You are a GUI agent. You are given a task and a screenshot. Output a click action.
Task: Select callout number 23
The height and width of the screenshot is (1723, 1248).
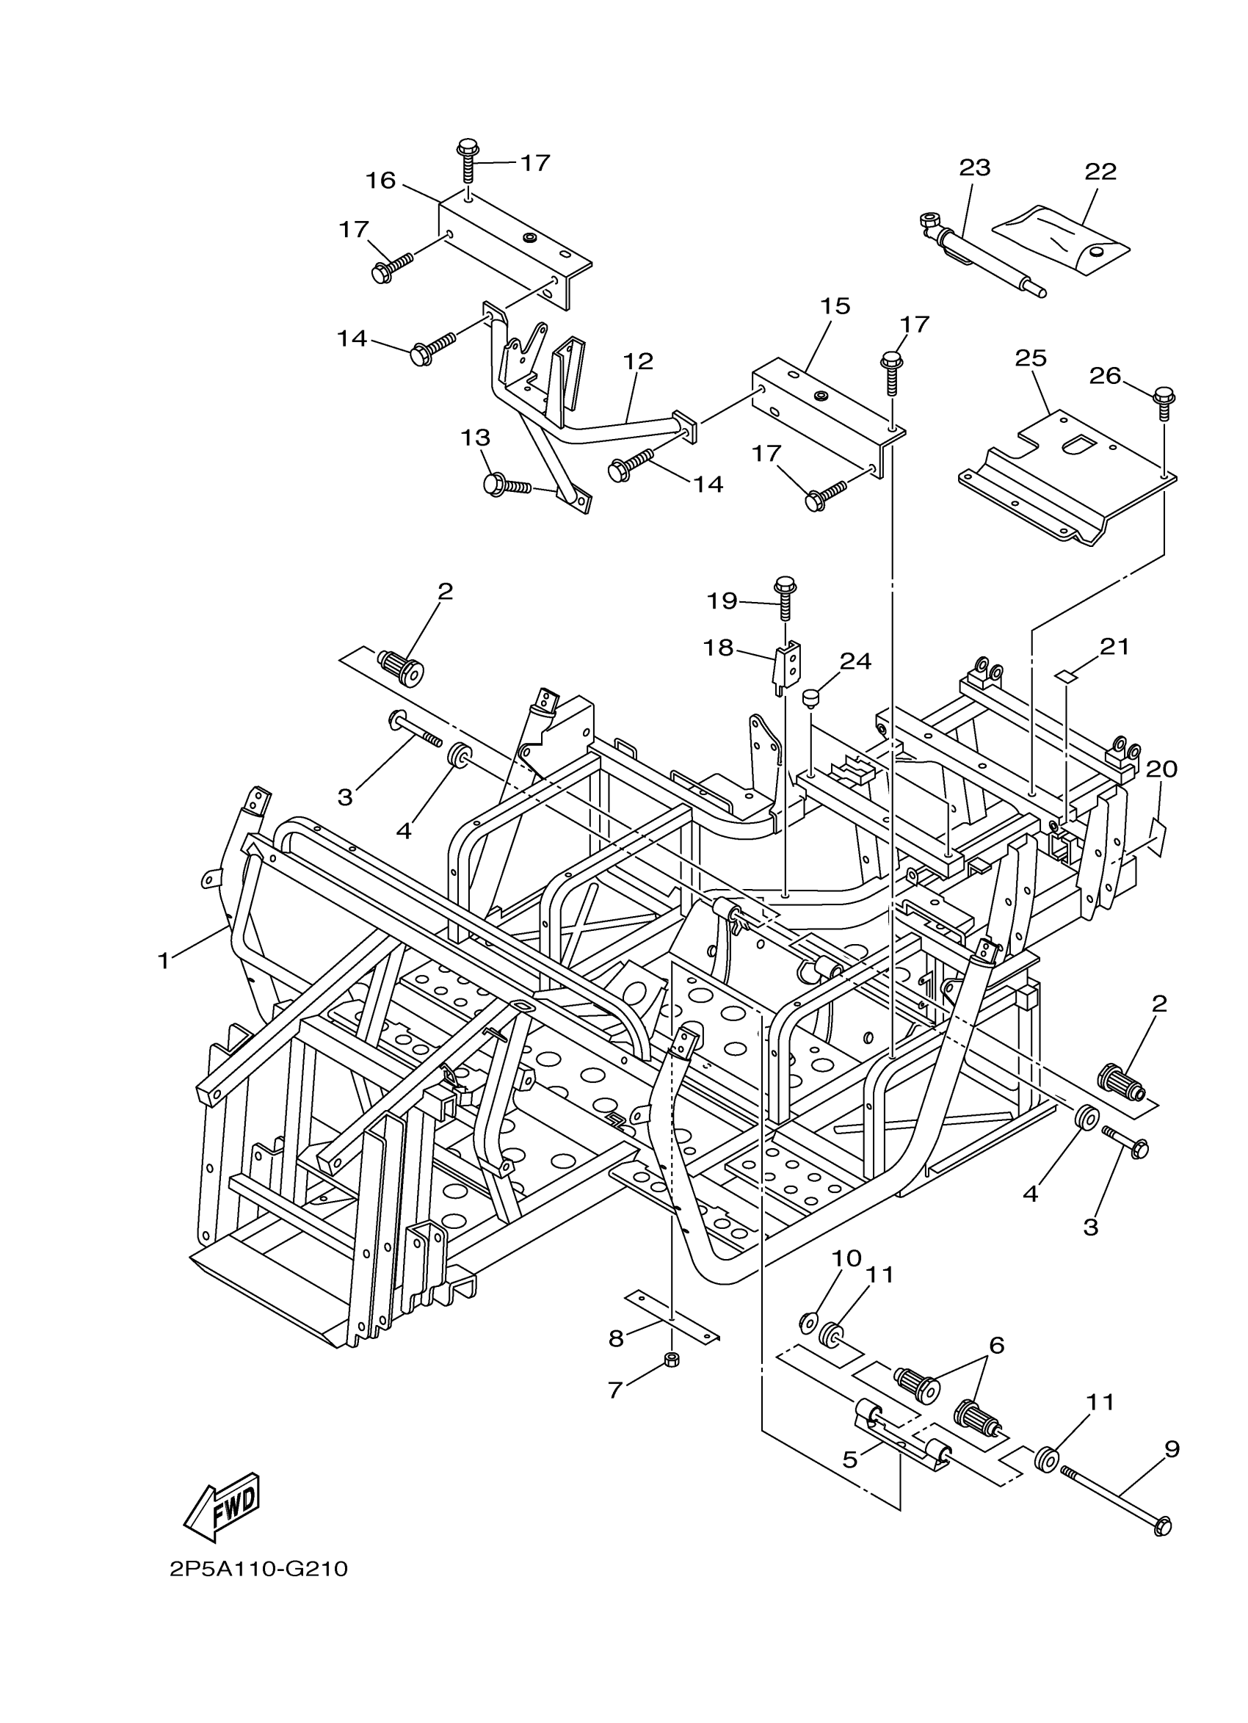975,168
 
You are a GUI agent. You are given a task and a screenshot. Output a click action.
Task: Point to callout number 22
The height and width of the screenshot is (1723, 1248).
1100,172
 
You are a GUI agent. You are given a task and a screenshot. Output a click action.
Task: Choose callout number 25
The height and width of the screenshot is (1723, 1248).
1031,358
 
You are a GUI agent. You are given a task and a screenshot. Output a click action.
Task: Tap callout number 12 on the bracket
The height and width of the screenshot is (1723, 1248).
639,362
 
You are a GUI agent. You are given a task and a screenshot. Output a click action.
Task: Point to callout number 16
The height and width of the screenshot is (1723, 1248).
380,181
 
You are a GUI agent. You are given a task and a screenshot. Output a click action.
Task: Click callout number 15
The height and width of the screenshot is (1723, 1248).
835,307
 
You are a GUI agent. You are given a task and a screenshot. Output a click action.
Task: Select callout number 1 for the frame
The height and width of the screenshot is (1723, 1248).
163,961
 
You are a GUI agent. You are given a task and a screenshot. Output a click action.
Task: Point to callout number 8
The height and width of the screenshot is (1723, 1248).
616,1338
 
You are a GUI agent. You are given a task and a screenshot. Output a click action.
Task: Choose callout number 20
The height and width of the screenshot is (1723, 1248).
1161,769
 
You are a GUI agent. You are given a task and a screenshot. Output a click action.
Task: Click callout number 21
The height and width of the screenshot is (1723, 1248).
1114,648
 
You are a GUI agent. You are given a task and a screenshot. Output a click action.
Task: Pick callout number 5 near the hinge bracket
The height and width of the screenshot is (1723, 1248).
850,1459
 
